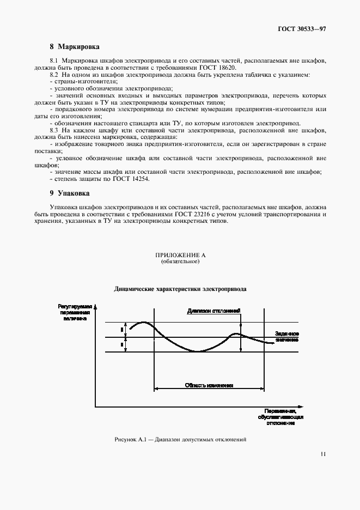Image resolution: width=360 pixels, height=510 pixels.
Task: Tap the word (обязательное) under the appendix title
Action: coord(180,262)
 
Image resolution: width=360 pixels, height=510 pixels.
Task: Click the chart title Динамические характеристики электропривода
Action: coord(180,289)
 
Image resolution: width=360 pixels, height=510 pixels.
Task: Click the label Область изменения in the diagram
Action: coord(209,385)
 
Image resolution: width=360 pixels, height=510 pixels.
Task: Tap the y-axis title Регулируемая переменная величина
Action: coord(73,313)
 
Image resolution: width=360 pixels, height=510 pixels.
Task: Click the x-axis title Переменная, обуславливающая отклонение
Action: coord(281,417)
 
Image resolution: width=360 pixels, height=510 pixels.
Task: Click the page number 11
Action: coord(324,453)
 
